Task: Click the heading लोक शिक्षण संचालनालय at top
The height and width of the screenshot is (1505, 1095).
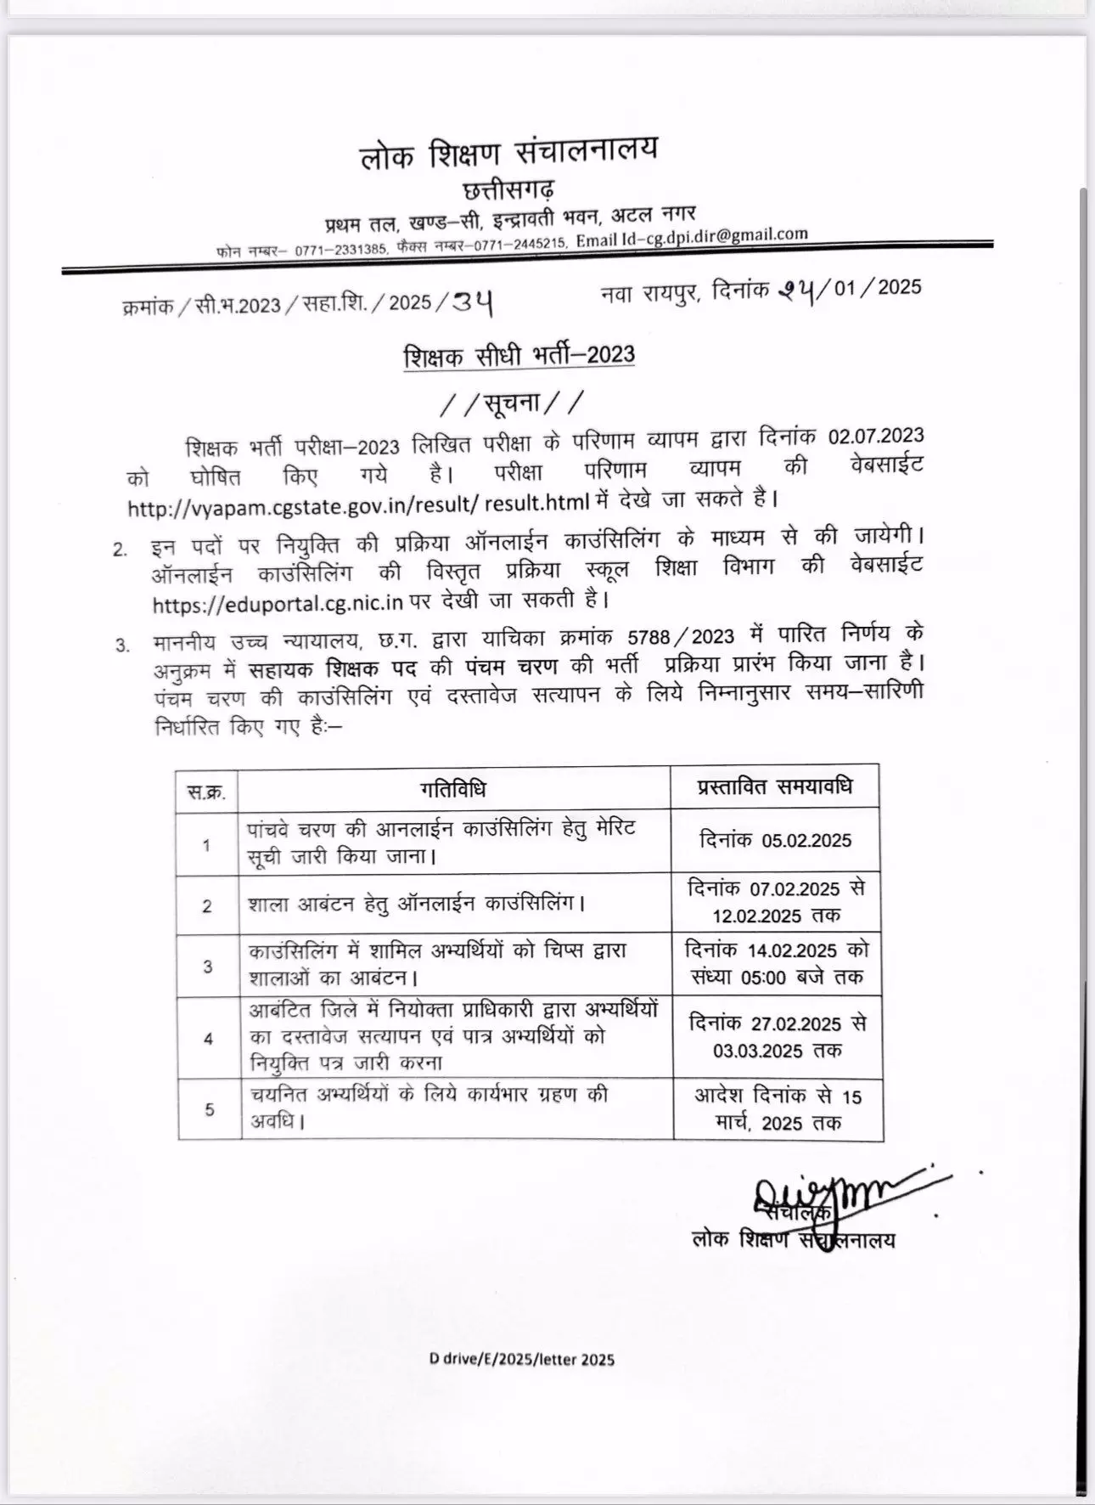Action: pyautogui.click(x=508, y=153)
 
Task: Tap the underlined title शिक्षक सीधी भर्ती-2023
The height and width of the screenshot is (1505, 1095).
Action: pyautogui.click(x=519, y=356)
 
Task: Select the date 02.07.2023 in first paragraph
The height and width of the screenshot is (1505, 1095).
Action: pyautogui.click(x=875, y=436)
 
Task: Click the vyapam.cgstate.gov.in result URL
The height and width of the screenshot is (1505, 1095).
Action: pyautogui.click(x=358, y=504)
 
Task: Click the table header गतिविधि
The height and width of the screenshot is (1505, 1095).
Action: pyautogui.click(x=453, y=790)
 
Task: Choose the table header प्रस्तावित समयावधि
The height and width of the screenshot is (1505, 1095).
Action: pyautogui.click(x=775, y=786)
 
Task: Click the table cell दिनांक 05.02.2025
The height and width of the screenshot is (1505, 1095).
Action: pyautogui.click(x=775, y=841)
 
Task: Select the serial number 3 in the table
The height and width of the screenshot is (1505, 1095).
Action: pyautogui.click(x=208, y=967)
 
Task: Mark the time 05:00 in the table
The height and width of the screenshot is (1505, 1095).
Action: pyautogui.click(x=763, y=978)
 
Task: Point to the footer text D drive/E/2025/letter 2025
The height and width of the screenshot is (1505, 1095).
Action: pyautogui.click(x=521, y=1359)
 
